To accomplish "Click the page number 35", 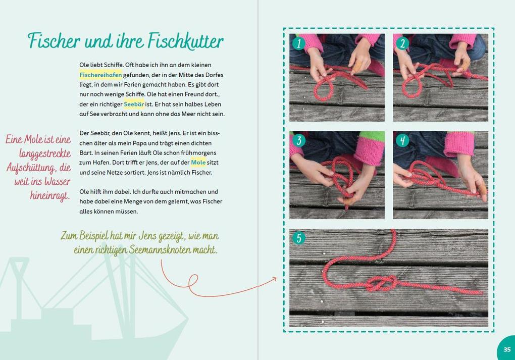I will point(506,349).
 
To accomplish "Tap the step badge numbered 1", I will point(298,43).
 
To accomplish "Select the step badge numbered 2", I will point(402,43).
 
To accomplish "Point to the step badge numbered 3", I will point(298,140).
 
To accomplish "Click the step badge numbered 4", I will point(402,140).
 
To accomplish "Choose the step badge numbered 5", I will point(298,238).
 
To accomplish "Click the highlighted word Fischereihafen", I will point(100,75).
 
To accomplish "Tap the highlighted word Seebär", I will point(134,104).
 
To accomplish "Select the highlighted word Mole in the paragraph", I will point(198,163).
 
